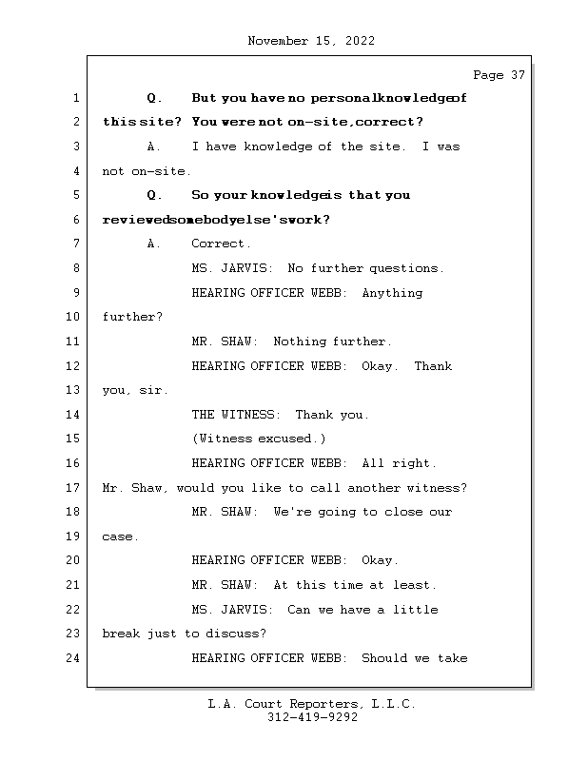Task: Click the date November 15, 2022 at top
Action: click(310, 41)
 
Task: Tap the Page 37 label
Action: click(499, 75)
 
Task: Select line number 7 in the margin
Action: click(75, 244)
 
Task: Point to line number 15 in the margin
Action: click(75, 439)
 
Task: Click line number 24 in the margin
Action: click(75, 657)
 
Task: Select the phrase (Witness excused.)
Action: click(259, 439)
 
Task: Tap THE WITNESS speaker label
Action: click(235, 415)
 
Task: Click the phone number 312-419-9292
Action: click(312, 718)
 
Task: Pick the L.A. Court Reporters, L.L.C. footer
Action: click(312, 704)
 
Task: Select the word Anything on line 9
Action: click(392, 293)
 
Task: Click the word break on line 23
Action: click(121, 634)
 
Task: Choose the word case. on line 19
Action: click(121, 537)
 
